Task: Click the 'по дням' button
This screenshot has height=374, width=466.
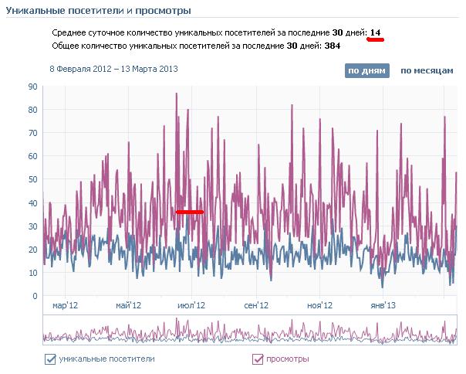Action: point(366,70)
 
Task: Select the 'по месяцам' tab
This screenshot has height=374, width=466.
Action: point(426,70)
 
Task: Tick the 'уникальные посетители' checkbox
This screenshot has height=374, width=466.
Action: point(51,359)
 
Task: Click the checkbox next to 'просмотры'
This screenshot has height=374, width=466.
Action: point(258,359)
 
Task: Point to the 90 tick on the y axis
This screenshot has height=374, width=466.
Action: point(33,87)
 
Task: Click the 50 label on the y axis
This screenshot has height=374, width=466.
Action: point(33,179)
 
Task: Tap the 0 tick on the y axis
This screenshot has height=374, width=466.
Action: point(35,296)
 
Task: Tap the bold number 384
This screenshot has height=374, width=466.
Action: point(333,46)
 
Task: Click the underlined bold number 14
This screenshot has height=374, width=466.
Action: point(376,32)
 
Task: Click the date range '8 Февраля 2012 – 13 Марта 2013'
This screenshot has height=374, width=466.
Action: point(113,69)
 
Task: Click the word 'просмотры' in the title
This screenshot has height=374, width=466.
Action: point(164,10)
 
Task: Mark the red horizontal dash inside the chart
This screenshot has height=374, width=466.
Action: point(190,211)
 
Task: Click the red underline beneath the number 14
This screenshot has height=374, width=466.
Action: point(376,40)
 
